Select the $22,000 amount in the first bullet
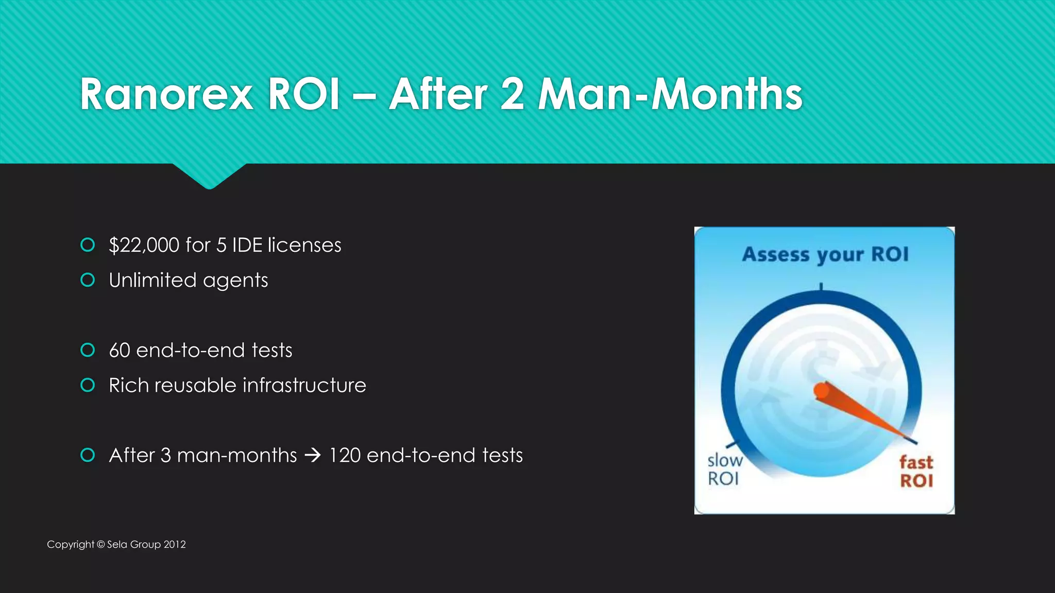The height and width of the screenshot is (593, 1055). coord(144,246)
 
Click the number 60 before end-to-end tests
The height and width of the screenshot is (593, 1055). coord(120,351)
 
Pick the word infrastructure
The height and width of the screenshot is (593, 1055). coord(304,386)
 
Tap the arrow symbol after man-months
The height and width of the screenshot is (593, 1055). coord(313,456)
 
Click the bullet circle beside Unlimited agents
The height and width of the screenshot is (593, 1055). coord(88,280)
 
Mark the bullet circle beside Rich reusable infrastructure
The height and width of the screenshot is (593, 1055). coord(88,385)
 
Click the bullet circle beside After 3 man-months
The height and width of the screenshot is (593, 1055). coord(88,455)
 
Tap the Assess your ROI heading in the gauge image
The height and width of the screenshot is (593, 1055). coord(825,255)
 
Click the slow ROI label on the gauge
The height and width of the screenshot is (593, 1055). coord(724,469)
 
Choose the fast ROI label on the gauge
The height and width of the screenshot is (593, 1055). coord(916,471)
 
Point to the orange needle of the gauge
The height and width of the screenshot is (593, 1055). coord(860,410)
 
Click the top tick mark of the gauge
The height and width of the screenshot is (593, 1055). coord(821,287)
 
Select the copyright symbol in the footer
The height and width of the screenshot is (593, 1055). coord(101,545)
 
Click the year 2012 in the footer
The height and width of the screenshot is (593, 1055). coord(175,545)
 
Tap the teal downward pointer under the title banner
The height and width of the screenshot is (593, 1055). coord(209,178)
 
